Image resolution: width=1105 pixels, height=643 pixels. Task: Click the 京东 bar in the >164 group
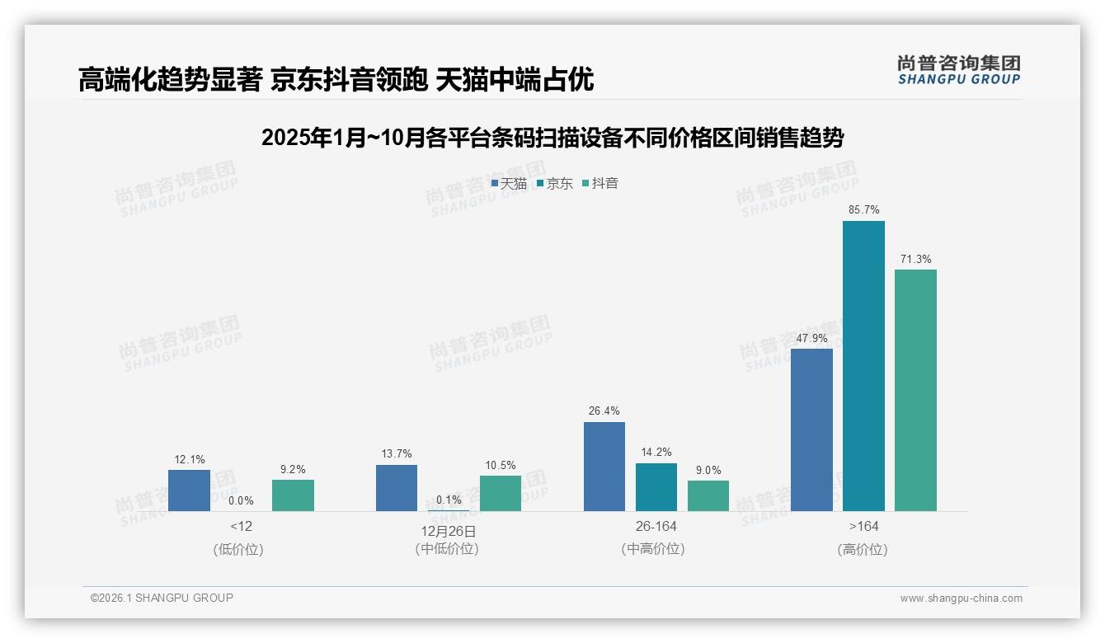(863, 366)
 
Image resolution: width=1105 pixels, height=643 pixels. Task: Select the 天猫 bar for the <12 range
(189, 490)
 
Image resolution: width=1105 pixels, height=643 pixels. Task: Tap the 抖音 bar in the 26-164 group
(708, 495)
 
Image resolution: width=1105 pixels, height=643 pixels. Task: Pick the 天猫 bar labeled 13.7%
(397, 488)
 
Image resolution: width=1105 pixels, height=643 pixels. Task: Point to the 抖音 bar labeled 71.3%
(915, 390)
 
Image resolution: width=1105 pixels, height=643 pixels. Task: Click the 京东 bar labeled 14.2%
(656, 487)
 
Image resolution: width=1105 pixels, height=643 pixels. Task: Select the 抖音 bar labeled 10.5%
(501, 493)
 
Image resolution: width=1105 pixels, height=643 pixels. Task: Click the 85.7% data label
(863, 210)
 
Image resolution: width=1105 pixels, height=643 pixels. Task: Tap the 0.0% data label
(241, 500)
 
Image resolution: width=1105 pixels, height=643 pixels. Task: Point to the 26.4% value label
(604, 411)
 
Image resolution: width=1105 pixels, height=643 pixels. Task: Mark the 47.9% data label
(811, 338)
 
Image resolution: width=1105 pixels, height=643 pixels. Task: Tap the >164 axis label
(863, 526)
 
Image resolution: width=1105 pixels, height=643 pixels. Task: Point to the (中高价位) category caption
(653, 548)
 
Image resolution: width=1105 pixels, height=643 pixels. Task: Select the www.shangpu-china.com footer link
(961, 598)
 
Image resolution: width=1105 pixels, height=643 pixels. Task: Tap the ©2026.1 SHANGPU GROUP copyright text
(162, 598)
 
